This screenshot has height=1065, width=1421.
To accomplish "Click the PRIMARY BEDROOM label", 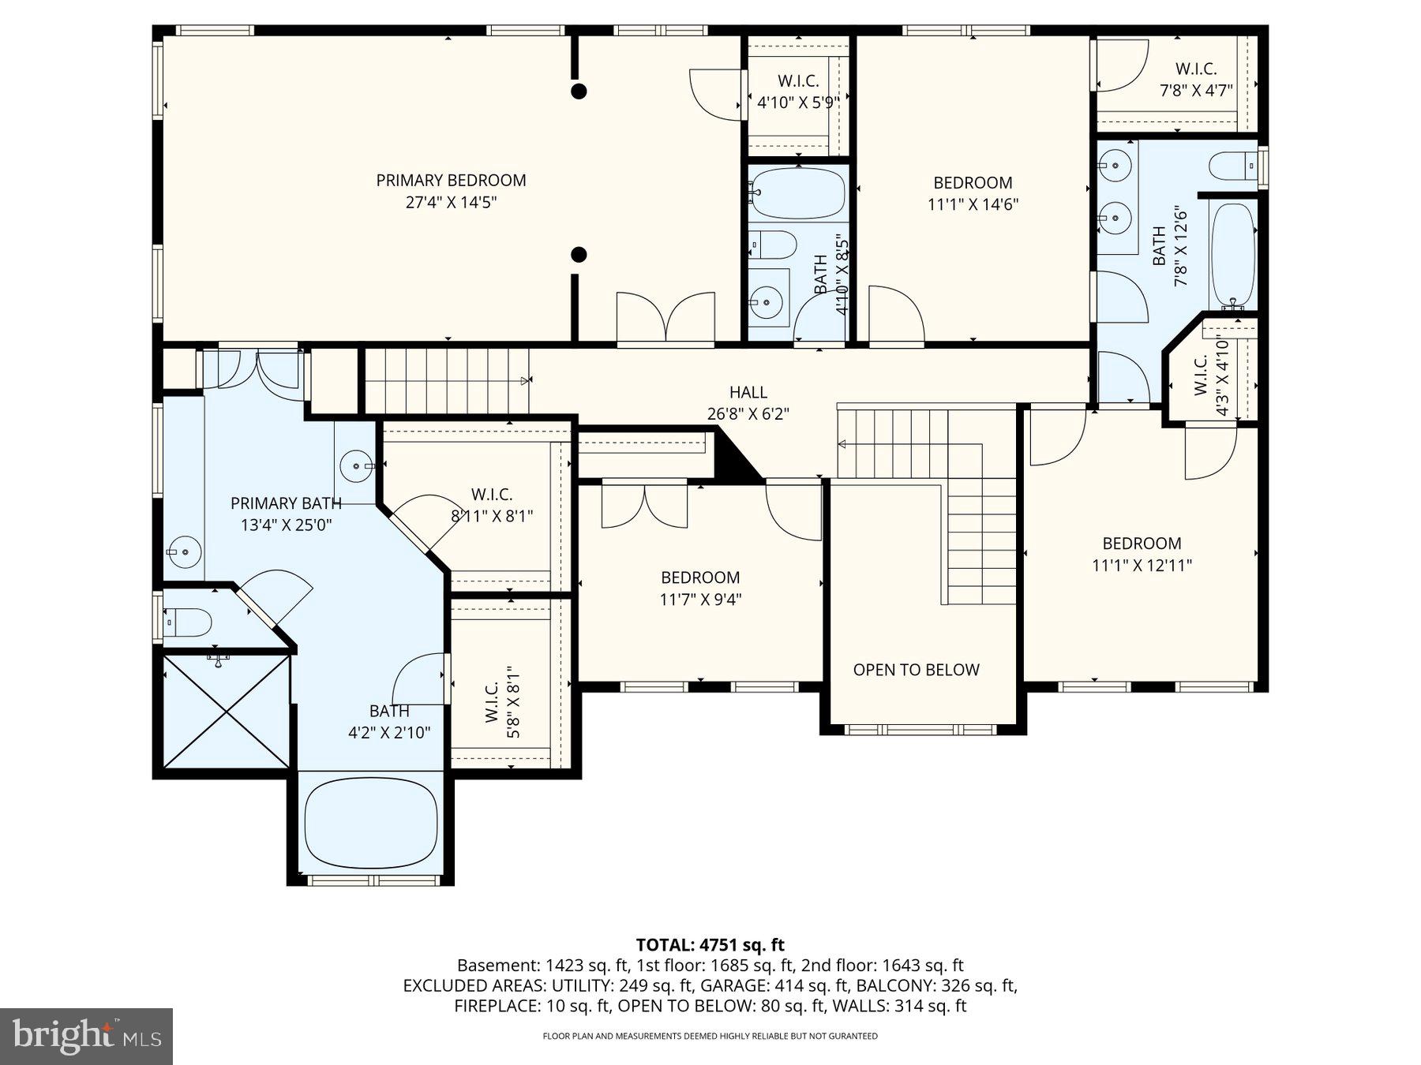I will [451, 181].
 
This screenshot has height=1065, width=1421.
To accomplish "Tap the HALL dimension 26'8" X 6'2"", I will [748, 414].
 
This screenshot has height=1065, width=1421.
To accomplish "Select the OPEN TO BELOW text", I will [916, 670].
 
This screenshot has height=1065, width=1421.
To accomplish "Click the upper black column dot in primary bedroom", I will [579, 92].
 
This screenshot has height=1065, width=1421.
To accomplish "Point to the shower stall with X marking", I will [227, 711].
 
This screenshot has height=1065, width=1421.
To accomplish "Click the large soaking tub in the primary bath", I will [371, 826].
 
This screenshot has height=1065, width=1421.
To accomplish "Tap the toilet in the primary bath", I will [189, 622].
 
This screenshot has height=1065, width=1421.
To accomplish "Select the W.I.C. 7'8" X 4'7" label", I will [1195, 80].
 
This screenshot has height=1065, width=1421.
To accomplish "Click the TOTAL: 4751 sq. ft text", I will [710, 945].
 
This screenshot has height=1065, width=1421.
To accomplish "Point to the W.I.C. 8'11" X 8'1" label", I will [492, 506].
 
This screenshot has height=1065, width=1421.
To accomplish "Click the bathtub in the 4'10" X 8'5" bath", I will [798, 193].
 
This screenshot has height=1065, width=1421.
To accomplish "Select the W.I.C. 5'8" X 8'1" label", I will [501, 701].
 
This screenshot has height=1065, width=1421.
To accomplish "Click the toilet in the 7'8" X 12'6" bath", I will [1232, 166].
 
